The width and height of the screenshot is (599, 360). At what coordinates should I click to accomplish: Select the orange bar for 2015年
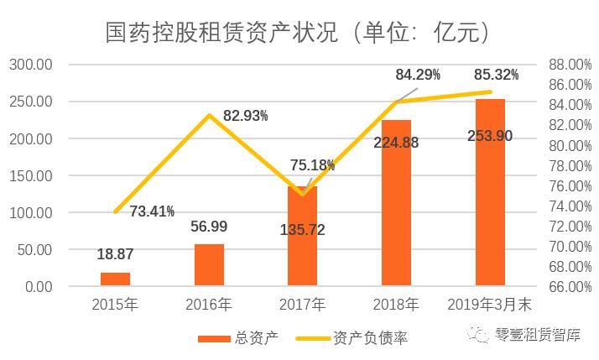[115, 279]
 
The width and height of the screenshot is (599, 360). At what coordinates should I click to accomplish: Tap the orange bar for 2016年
[209, 265]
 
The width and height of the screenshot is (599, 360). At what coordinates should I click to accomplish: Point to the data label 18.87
[115, 254]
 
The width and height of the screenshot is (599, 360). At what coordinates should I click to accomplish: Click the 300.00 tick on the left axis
[31, 65]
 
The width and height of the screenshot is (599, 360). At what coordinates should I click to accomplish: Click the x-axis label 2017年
[302, 304]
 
